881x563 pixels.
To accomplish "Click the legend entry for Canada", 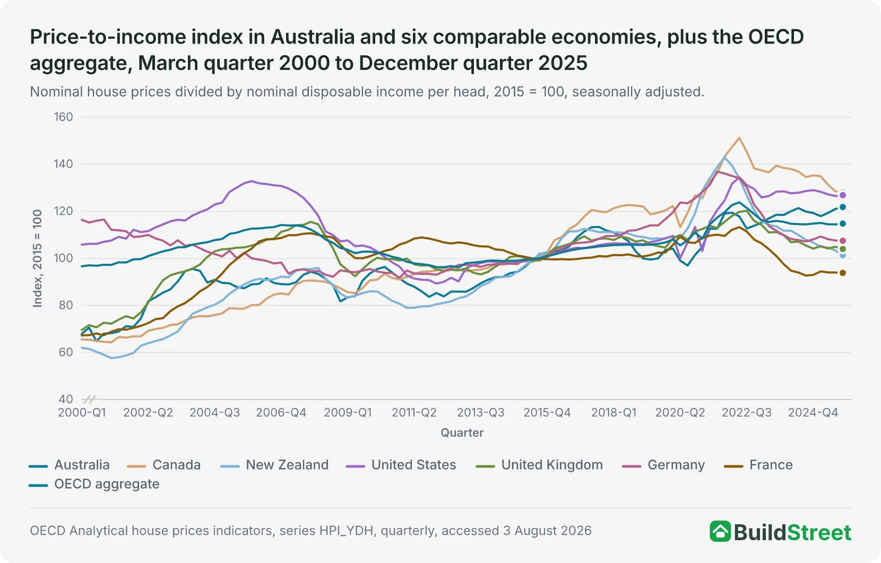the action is [164, 465].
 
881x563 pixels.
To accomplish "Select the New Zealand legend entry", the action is [274, 465].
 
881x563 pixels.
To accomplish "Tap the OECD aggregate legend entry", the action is [94, 484].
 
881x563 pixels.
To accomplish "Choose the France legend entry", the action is [758, 465].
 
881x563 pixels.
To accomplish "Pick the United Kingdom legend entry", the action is [539, 465].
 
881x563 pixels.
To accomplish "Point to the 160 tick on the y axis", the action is [63, 117].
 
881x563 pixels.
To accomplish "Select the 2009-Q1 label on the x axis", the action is [348, 412].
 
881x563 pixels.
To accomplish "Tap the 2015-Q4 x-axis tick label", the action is [547, 412].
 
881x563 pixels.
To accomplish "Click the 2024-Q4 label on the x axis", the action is [813, 412].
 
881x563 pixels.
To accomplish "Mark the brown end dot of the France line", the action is [843, 273].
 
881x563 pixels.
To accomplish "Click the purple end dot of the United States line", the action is [843, 195].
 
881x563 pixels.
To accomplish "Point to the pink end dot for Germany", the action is [843, 240].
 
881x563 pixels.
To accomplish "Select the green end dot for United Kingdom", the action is [843, 249].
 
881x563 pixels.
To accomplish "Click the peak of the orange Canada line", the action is [739, 137].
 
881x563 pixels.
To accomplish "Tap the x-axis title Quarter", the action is [462, 432].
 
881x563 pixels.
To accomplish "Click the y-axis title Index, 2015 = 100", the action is [37, 258].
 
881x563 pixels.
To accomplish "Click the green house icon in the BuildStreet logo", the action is [720, 532].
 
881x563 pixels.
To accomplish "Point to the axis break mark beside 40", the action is [90, 400].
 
